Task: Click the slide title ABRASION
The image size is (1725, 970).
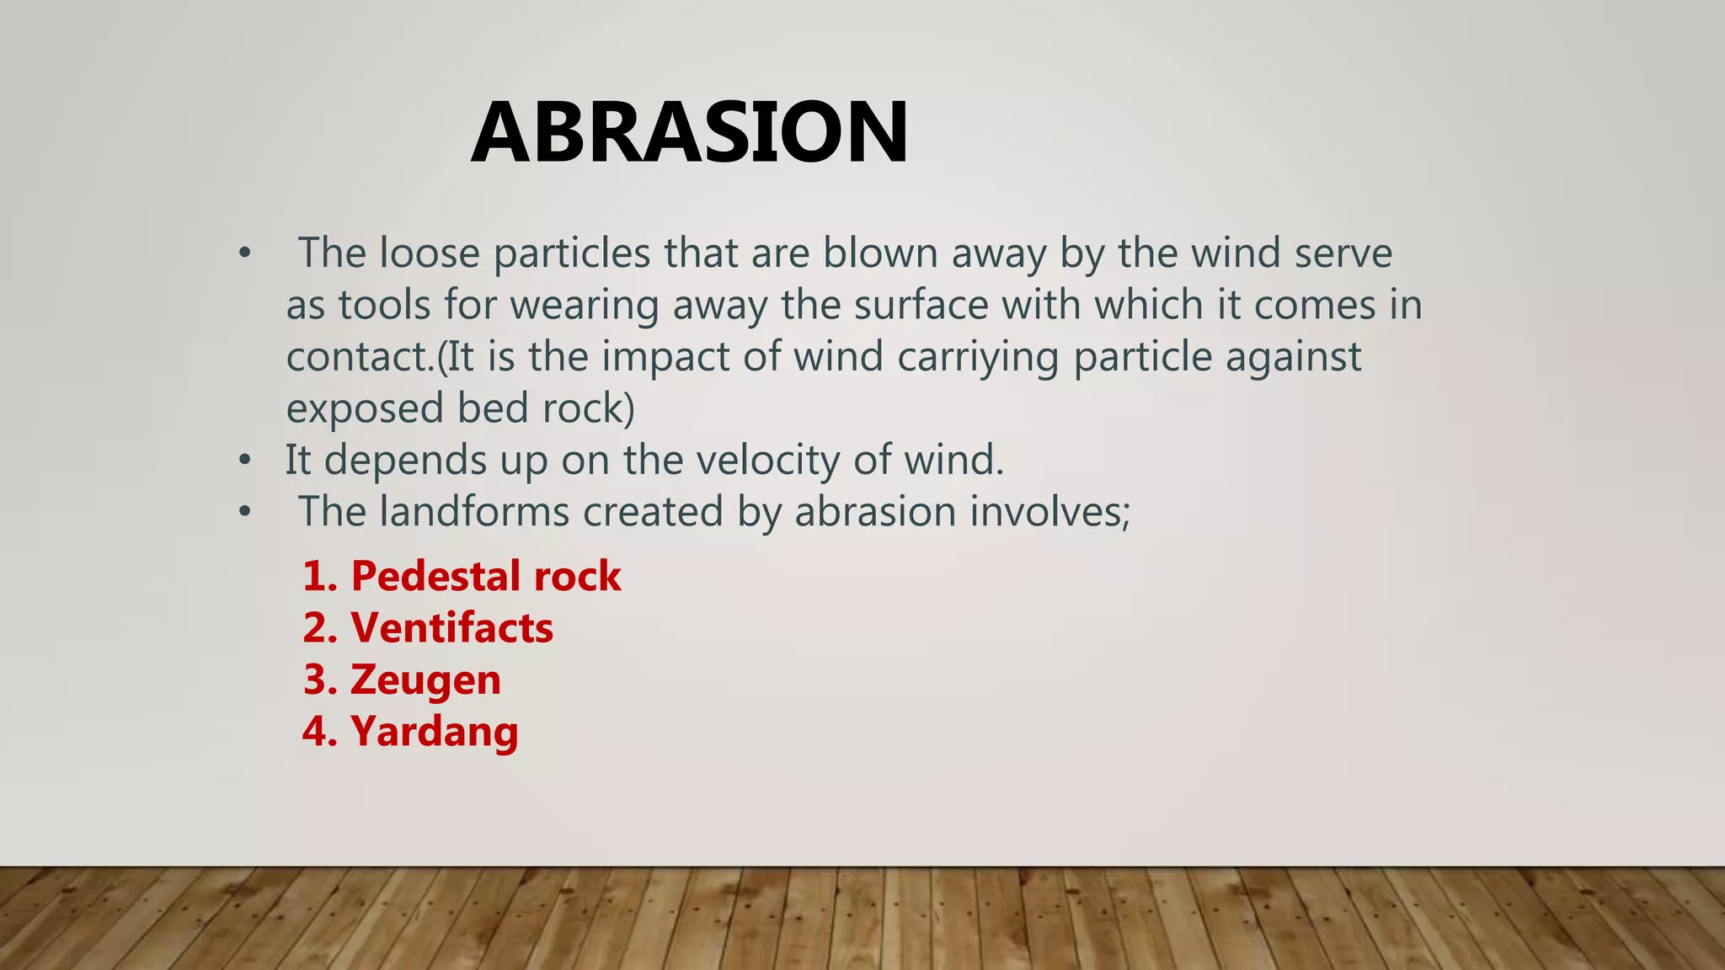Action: point(690,133)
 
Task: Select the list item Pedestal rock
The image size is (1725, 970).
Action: point(462,577)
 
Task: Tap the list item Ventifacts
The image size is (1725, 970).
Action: point(428,628)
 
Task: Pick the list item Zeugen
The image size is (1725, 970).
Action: point(402,680)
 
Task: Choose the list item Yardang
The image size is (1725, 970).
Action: point(410,731)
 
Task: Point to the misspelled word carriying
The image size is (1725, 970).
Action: point(978,357)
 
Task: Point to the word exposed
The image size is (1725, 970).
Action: point(365,408)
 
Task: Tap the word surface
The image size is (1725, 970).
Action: point(921,305)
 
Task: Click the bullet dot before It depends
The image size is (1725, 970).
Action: point(244,461)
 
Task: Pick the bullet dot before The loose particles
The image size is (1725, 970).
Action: point(244,253)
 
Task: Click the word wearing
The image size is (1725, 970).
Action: point(584,305)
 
